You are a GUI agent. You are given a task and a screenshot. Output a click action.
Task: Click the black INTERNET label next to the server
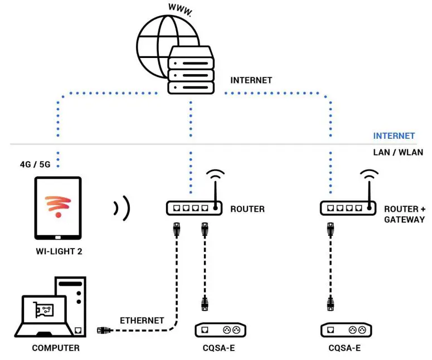point(251,80)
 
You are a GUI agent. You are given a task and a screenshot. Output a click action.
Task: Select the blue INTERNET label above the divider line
point(394,135)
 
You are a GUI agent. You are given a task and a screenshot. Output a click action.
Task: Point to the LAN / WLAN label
point(397,152)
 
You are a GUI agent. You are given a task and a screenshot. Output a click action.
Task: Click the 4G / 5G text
point(35,164)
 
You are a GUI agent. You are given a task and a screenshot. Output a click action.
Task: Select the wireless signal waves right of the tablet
point(122,208)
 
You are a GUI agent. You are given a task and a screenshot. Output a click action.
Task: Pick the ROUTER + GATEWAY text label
point(404,214)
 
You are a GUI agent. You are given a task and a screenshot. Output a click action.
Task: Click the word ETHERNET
point(142,320)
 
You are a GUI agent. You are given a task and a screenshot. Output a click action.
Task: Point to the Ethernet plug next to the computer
point(104,330)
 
